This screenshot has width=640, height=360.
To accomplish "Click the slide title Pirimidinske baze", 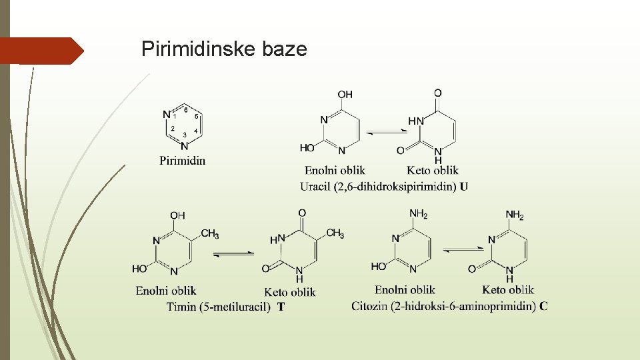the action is pyautogui.click(x=224, y=49).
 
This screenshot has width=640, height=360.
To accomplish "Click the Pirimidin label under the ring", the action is pyautogui.click(x=183, y=160).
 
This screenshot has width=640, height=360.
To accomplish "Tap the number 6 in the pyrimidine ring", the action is pyautogui.click(x=185, y=109).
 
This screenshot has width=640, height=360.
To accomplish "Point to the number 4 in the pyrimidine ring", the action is pyautogui.click(x=195, y=131).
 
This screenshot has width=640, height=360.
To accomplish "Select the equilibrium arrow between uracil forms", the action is pyautogui.click(x=386, y=132).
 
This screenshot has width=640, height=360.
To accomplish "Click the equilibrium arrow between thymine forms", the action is pyautogui.click(x=233, y=254).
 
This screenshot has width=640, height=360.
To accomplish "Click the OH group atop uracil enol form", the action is pyautogui.click(x=345, y=95).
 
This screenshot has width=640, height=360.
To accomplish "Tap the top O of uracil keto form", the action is pyautogui.click(x=437, y=93).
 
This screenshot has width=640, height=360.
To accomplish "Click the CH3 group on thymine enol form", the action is pyautogui.click(x=209, y=234).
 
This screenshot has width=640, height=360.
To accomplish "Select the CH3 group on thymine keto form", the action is pyautogui.click(x=335, y=233).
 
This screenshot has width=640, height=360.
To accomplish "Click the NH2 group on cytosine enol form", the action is pyautogui.click(x=418, y=214).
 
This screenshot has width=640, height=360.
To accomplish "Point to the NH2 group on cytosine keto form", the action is pyautogui.click(x=514, y=215).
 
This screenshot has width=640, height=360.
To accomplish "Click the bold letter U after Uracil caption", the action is pyautogui.click(x=463, y=187).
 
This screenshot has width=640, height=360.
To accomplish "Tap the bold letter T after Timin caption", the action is pyautogui.click(x=281, y=307).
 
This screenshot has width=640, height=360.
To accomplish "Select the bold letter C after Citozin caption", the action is pyautogui.click(x=544, y=306).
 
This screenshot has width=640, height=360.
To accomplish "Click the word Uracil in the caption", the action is pyautogui.click(x=315, y=187).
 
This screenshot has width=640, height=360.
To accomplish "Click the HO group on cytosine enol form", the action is pyautogui.click(x=379, y=266).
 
